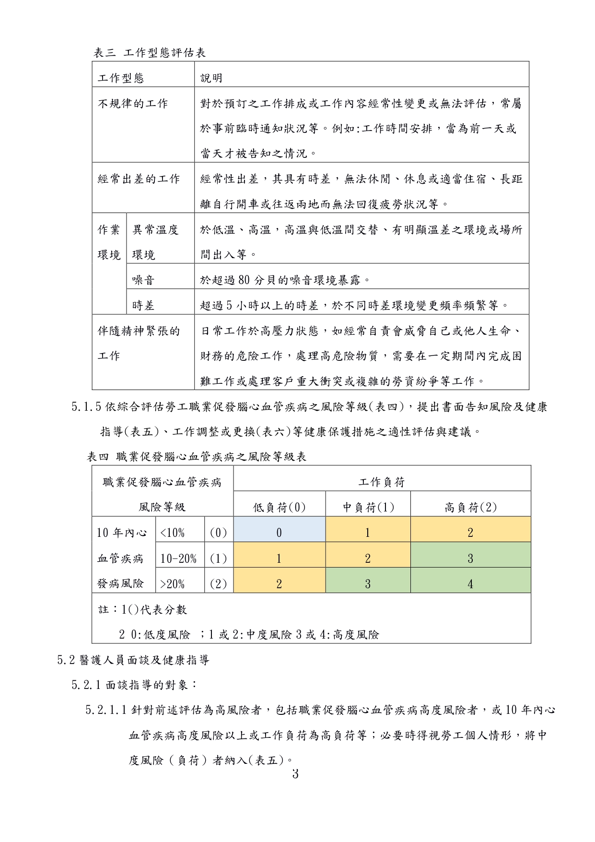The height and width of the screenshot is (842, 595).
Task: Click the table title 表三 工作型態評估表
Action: (x=150, y=53)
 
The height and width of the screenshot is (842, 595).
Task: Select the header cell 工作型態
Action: (x=121, y=78)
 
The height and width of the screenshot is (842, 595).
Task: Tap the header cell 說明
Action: (x=211, y=78)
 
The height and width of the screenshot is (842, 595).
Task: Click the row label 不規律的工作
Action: (x=133, y=104)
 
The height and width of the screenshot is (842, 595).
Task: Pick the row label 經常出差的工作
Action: (x=139, y=179)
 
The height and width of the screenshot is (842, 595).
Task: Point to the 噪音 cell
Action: (x=143, y=280)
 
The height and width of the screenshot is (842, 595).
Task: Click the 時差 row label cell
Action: (x=143, y=306)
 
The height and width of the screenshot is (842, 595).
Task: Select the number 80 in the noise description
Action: (x=244, y=280)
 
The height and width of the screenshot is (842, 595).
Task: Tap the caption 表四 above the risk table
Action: (x=98, y=457)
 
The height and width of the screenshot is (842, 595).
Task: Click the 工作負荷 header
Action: (x=382, y=482)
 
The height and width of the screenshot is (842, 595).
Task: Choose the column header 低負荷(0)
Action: (x=280, y=508)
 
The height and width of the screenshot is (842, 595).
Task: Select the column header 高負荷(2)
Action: (x=470, y=508)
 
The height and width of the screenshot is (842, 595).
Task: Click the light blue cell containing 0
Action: (x=279, y=533)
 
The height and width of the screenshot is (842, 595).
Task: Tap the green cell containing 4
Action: (x=470, y=584)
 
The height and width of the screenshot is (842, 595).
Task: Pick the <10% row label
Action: (x=173, y=533)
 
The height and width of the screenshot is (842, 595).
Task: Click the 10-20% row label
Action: (x=178, y=559)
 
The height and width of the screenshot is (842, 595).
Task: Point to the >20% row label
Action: (x=173, y=584)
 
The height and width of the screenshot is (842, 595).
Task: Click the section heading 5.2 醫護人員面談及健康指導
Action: (x=133, y=660)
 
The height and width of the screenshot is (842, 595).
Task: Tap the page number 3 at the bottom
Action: (x=295, y=774)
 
